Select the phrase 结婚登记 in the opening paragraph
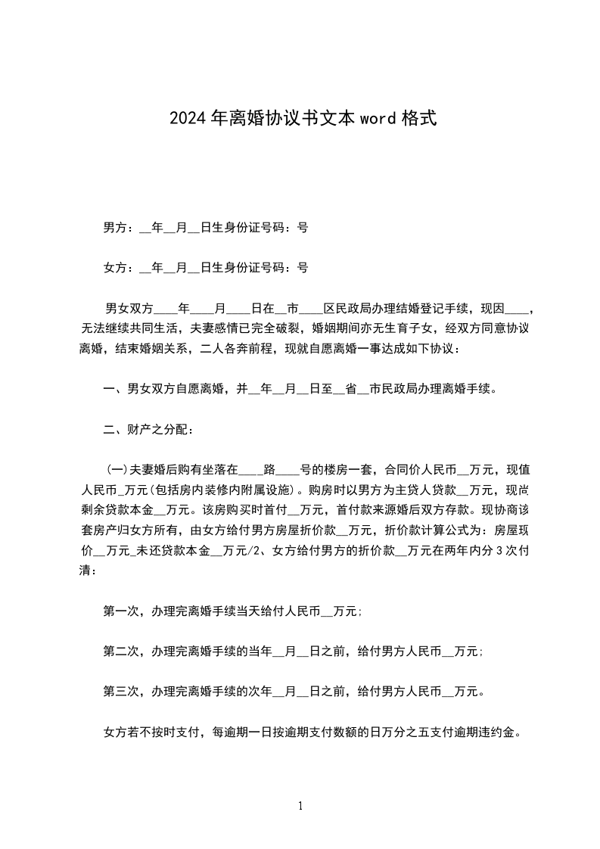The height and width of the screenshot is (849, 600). [422, 308]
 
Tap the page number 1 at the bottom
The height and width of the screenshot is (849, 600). [300, 806]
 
